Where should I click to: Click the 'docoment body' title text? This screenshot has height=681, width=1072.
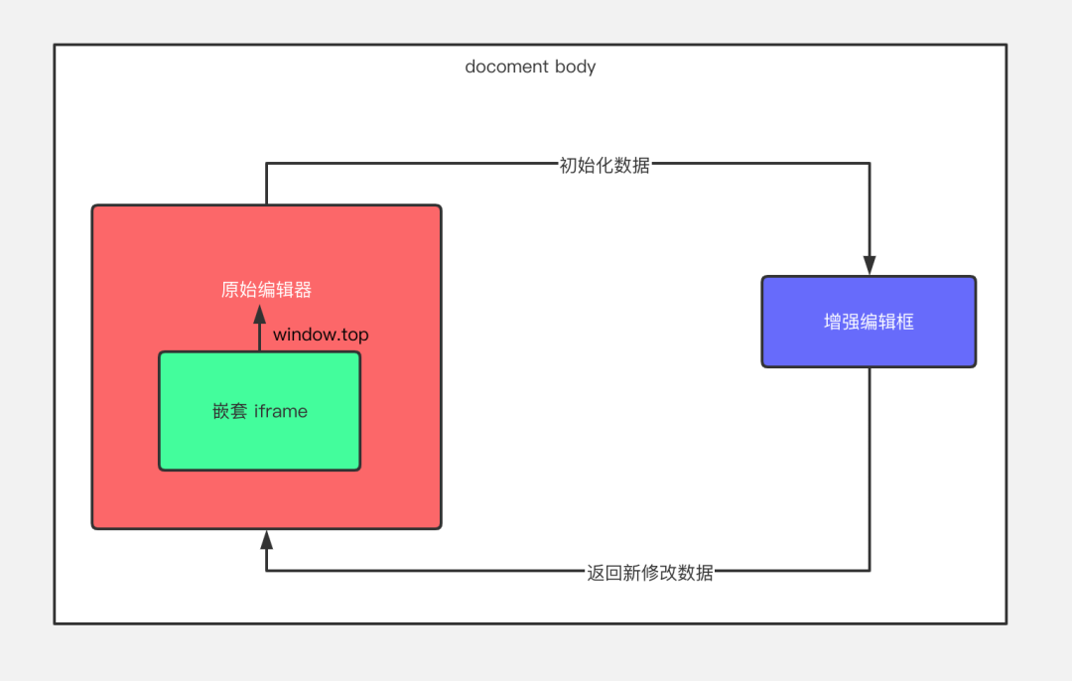(x=530, y=68)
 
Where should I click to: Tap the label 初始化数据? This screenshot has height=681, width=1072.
(x=604, y=165)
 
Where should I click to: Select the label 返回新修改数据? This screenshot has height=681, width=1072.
(x=649, y=572)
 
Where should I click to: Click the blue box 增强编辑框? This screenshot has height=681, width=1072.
(x=869, y=322)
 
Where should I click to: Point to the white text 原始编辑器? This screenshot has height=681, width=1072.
(x=266, y=290)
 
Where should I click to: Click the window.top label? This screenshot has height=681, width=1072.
(x=321, y=335)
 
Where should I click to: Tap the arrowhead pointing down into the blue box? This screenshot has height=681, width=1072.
(x=870, y=266)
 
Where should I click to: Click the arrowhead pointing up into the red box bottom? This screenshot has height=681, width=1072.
(x=266, y=540)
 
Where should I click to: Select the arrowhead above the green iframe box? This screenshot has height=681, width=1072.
(x=260, y=315)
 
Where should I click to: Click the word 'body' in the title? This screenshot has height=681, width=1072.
(x=576, y=68)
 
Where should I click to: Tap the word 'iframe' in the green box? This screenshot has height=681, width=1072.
(x=281, y=411)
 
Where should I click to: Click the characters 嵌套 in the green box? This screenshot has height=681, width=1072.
(x=229, y=411)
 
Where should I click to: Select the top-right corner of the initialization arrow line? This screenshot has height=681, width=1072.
(x=870, y=165)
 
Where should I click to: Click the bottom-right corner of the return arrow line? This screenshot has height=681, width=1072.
(x=870, y=571)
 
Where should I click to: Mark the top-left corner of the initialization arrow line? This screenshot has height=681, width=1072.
(x=266, y=165)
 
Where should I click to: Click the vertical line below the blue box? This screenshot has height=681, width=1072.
(x=870, y=467)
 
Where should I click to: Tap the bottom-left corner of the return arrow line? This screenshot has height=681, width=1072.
(x=266, y=571)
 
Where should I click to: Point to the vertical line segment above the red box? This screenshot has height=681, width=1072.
(x=266, y=185)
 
